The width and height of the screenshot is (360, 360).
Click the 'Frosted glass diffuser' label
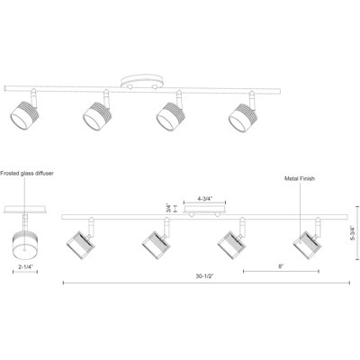pos(27,174)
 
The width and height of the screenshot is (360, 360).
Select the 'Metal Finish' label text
pos(300,179)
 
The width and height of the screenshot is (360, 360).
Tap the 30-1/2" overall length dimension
pos(204,276)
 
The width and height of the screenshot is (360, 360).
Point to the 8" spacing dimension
pos(281,266)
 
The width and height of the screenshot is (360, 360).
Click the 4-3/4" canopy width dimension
pos(205,198)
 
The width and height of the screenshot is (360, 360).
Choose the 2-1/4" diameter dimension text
pos(25,266)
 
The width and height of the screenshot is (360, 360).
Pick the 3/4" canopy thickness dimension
pos(168,208)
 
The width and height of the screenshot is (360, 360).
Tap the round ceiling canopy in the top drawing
pos(143,82)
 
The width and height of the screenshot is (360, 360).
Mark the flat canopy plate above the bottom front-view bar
pos(205,210)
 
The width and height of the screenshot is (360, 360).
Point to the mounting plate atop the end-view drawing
pos(25,210)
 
